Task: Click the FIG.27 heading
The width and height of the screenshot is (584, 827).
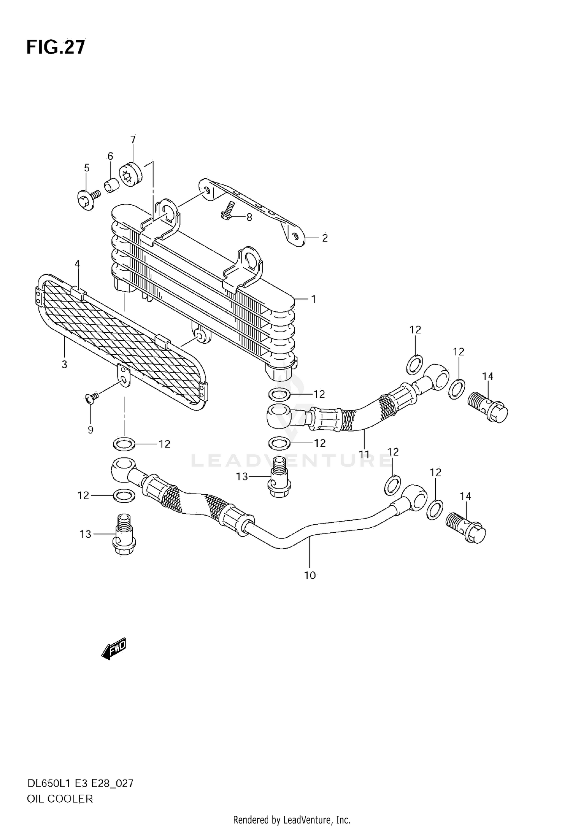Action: (x=55, y=47)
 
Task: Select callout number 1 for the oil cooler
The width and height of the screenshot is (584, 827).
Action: (x=313, y=299)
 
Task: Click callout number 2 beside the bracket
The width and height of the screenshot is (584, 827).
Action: (x=325, y=238)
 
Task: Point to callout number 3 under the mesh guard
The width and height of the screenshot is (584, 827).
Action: (x=64, y=365)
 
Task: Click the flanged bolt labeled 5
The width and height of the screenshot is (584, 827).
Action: (x=86, y=200)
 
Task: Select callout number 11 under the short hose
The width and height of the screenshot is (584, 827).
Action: (x=364, y=454)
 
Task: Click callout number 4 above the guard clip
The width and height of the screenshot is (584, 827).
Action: (x=77, y=264)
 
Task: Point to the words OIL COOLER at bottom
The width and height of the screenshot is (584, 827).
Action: (x=60, y=799)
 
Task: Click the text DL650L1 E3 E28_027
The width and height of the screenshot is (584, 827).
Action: (x=80, y=783)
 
